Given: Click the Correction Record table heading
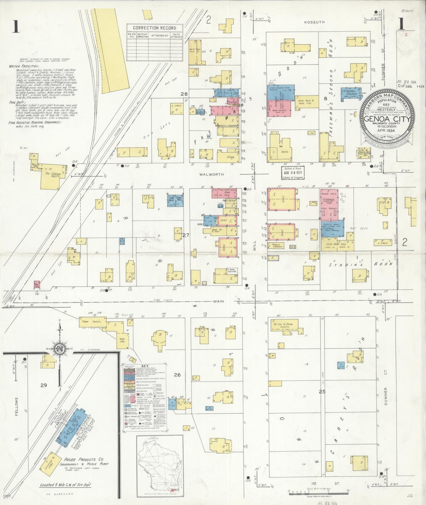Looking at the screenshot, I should (154, 28).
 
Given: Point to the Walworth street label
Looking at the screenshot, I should (211, 174).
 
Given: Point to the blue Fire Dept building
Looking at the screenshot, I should (171, 201).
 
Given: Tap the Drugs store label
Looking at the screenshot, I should (230, 157).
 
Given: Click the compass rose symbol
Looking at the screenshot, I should (60, 349).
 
